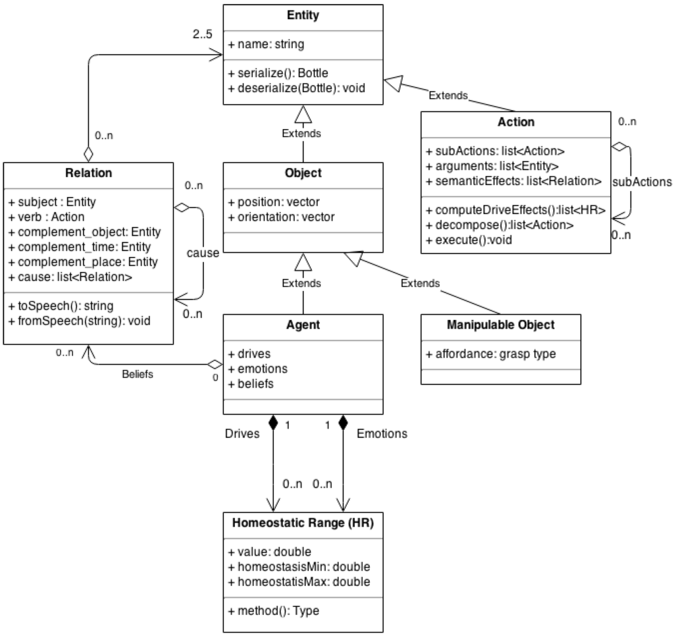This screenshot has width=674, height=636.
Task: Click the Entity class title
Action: point(303,15)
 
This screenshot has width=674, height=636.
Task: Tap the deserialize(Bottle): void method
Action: point(296,88)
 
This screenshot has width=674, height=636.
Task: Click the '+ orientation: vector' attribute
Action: point(282,217)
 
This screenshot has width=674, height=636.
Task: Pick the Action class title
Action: point(516,122)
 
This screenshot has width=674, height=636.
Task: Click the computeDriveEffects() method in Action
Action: point(515,211)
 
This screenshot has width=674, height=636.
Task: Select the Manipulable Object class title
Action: point(500,325)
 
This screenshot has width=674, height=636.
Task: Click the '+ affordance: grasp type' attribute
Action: point(491,354)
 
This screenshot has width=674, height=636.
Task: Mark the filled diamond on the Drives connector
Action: point(273,421)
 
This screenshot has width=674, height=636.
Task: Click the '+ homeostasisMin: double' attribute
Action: point(299,566)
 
